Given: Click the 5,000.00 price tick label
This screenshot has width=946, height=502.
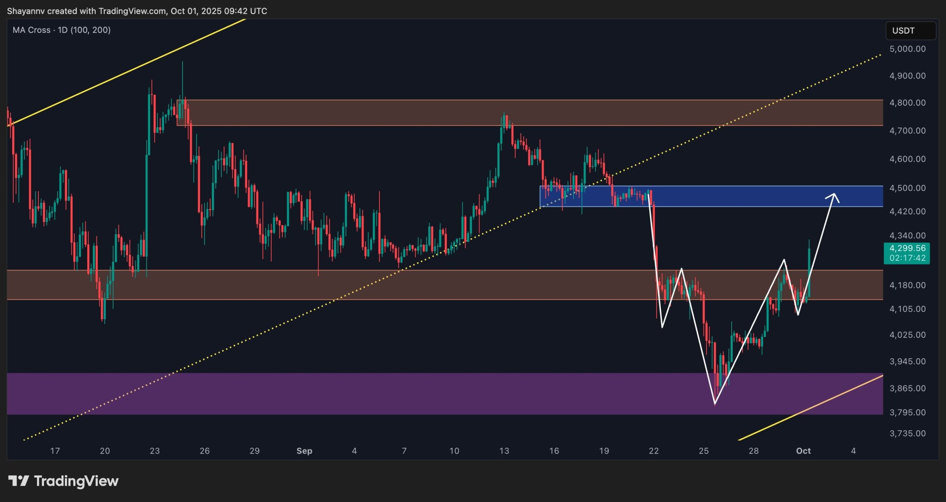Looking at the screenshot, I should [x=907, y=49].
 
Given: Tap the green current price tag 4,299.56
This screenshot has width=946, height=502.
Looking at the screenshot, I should [x=907, y=248].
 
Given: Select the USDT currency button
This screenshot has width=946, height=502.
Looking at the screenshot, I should [x=910, y=31].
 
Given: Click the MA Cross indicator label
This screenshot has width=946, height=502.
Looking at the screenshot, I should [x=61, y=30].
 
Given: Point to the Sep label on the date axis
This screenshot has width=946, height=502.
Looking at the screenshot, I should [x=304, y=451].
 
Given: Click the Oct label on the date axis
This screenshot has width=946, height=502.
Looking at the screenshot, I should [x=803, y=451].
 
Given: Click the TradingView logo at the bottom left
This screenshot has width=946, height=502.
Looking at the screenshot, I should [x=63, y=481].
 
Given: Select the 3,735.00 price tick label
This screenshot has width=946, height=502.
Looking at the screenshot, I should [x=907, y=433].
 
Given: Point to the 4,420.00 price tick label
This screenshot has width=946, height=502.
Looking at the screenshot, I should [x=907, y=211].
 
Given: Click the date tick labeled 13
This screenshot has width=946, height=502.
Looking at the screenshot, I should [x=504, y=451].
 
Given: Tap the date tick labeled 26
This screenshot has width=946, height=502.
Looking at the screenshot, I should [x=204, y=451].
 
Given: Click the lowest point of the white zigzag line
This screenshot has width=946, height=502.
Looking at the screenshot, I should [x=715, y=403].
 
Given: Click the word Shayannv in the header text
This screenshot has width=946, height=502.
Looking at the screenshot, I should [x=26, y=11].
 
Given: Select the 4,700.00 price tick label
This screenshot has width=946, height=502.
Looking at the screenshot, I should [x=907, y=131].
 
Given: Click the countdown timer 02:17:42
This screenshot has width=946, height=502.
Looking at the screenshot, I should [x=907, y=258].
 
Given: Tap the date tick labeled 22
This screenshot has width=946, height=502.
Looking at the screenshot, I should [x=654, y=451].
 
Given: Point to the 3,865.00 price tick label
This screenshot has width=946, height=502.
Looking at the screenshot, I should [x=907, y=388].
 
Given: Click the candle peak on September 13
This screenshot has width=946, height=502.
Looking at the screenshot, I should [x=504, y=113].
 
